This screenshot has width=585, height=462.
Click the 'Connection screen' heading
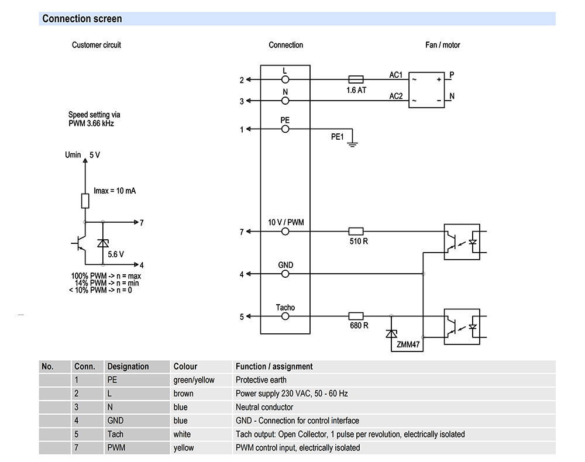coord(82,19)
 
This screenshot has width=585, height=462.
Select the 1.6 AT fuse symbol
coord(356,79)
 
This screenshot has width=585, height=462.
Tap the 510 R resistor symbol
coord(356,231)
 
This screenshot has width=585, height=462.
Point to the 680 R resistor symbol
coord(356,316)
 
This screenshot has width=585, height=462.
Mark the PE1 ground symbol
coord(352,143)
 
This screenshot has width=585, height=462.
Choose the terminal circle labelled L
coord(285,79)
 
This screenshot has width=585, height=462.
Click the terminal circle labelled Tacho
coord(285,316)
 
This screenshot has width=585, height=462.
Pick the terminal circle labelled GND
coord(285,274)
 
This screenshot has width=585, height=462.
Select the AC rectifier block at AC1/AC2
coord(427,89)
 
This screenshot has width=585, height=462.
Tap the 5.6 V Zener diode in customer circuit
coord(103,243)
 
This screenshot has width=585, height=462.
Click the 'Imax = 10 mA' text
coord(115,191)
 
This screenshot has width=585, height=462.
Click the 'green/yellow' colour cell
coord(194,380)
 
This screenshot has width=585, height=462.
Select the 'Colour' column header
coord(185,367)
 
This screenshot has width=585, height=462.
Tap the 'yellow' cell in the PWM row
coord(184,448)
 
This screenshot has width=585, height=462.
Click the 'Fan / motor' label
coord(442,45)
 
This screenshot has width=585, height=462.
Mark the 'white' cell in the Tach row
coord(182,435)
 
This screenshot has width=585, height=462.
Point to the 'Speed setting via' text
coord(94,115)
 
